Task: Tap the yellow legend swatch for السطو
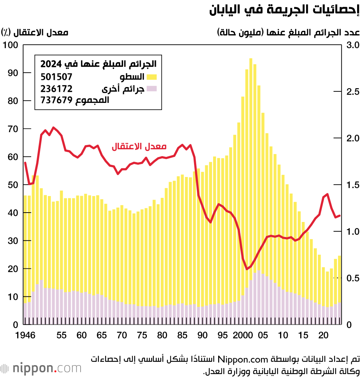coord(152,77)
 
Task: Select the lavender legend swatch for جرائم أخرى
coord(152,88)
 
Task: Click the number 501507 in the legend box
coord(57,77)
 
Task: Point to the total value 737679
coord(57,100)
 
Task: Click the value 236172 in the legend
coord(57,88)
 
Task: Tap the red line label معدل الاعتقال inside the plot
coord(138,146)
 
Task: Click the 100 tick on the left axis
coord(10,45)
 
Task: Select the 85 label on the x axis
coord(183,336)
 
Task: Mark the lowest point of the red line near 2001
coord(247,269)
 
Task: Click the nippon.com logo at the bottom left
coord(41,368)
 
